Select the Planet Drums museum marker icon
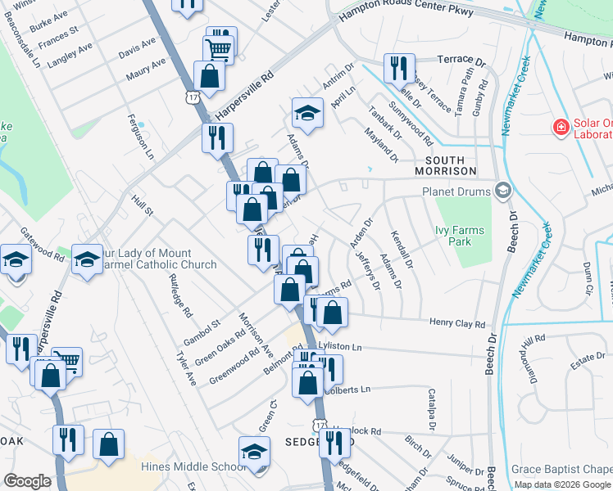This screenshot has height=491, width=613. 502,191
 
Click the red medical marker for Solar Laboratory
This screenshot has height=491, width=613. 561,127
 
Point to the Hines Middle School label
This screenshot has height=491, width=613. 193,466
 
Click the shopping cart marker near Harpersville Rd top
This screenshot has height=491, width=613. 219,46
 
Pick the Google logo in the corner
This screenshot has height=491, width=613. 27,481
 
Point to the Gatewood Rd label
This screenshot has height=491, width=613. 42,244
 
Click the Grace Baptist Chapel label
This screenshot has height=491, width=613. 561,469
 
